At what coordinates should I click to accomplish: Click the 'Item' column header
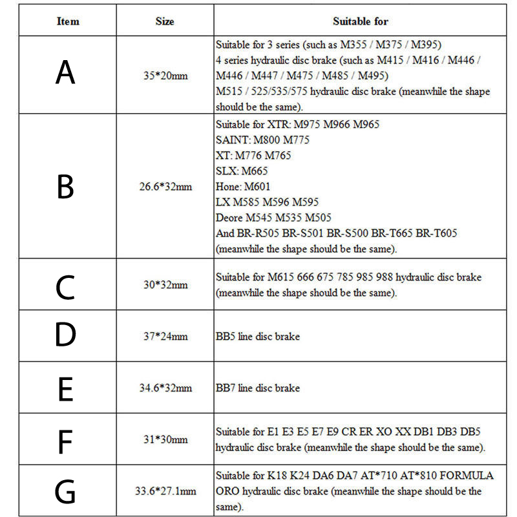[68, 21]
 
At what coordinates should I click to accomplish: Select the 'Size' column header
[165, 21]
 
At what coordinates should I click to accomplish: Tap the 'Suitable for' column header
[360, 21]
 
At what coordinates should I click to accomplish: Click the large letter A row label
[65, 73]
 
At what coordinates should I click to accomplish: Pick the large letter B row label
[65, 187]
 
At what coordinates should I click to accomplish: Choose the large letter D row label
[65, 335]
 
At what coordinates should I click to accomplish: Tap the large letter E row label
[65, 389]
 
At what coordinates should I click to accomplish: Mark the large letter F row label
[65, 441]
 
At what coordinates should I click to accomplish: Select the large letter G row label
[65, 492]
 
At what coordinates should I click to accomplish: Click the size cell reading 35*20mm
[165, 76]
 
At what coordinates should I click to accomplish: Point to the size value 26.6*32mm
[165, 187]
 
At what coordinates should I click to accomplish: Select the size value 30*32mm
[165, 284]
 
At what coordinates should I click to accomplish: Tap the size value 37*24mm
[165, 336]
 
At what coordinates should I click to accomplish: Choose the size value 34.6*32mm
[165, 388]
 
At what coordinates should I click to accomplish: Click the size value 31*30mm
[165, 439]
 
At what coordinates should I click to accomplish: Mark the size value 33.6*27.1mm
[165, 491]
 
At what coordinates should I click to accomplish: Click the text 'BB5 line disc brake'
[258, 336]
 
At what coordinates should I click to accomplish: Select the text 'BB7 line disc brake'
[258, 388]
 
